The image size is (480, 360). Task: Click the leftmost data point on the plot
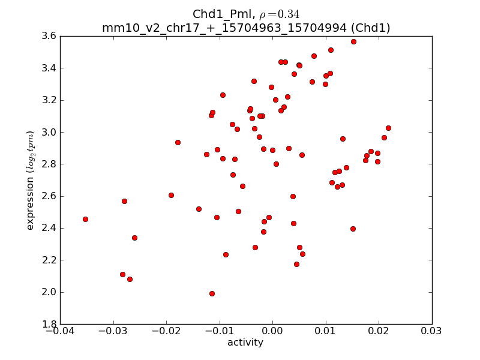point(85,219)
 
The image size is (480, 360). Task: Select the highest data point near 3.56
point(353,41)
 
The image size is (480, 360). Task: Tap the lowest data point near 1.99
point(212,293)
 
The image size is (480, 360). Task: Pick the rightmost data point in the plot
point(388,128)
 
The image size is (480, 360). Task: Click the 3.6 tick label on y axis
point(49,36)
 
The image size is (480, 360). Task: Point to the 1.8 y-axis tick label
point(49,324)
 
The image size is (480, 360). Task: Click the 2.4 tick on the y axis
point(49,228)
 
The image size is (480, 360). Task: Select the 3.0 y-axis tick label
point(49,132)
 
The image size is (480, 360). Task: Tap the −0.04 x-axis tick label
point(60,331)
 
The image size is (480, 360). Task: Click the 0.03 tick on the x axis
point(432,331)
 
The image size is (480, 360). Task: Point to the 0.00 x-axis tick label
point(272,331)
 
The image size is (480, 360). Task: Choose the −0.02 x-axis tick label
point(166,331)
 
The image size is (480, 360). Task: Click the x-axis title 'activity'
point(245,343)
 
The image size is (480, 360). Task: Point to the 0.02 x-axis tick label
point(379,331)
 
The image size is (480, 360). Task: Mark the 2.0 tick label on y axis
point(49,292)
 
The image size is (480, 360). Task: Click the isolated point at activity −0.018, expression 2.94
point(178,142)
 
